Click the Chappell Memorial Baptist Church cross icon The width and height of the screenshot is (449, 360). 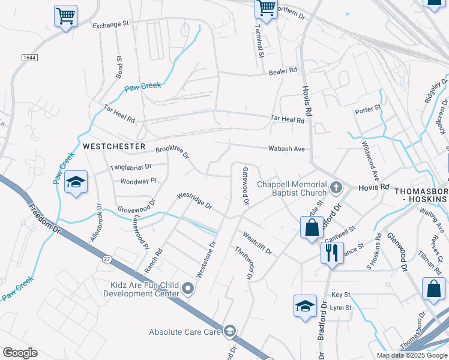pos(336,188)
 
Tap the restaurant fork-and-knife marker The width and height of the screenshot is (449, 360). pos(331,253)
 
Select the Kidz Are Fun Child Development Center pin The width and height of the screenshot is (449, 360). pos(188,289)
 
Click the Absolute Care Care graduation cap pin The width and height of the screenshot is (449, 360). pos(230,331)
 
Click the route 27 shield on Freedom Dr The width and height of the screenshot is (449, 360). pos(107,259)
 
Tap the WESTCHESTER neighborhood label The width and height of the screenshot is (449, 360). pos(114,146)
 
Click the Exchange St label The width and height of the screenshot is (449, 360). pos(110,25)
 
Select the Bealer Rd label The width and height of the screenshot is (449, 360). pos(283,70)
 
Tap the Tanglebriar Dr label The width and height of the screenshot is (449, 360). pos(130,167)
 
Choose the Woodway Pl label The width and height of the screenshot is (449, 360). pos(138,181)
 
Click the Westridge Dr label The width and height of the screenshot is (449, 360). pos(194,200)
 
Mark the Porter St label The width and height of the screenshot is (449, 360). pos(368,109)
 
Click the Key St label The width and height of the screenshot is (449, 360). pos(340,295)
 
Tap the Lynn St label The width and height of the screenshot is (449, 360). pos(340,307)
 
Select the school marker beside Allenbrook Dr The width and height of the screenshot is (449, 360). pos(76,182)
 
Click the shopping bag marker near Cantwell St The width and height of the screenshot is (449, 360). pos(312,227)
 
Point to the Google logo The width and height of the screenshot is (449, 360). pos(20,353)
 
